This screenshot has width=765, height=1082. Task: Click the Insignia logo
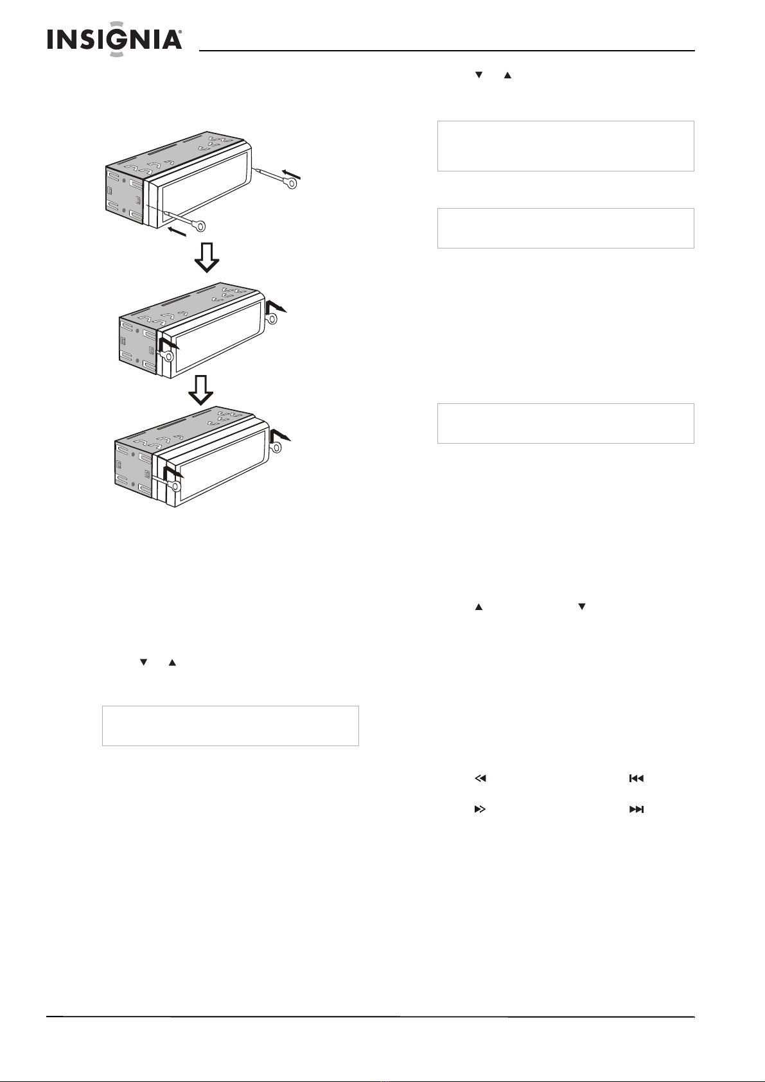click(x=114, y=39)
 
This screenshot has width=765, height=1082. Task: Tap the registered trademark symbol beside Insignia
click(x=180, y=33)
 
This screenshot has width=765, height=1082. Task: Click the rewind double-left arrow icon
click(x=480, y=778)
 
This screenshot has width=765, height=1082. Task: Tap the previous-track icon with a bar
click(x=636, y=778)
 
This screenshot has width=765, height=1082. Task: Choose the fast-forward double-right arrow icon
click(x=480, y=809)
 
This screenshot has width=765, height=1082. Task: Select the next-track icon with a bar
click(x=637, y=809)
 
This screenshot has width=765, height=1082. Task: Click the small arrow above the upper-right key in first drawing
click(x=292, y=174)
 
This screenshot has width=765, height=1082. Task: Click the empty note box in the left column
click(x=231, y=726)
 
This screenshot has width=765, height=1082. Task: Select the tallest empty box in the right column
click(x=566, y=146)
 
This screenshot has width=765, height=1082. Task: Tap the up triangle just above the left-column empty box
click(x=172, y=663)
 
